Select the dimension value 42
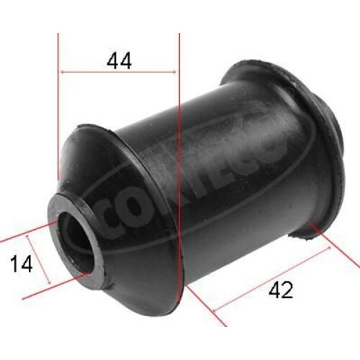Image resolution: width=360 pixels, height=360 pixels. [x=281, y=290]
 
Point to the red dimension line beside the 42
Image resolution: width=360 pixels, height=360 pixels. [x=270, y=279]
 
